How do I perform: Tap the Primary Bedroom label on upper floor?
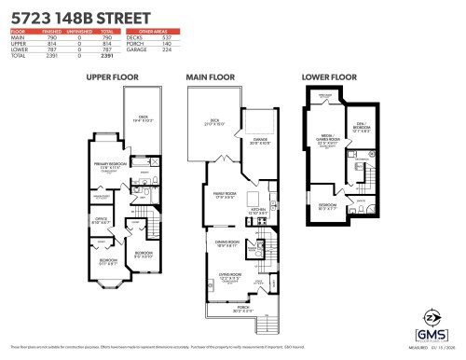tap(109, 164)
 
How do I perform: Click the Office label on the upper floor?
tap(102, 220)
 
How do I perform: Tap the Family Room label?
tap(225, 194)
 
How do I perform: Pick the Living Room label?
tap(229, 275)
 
